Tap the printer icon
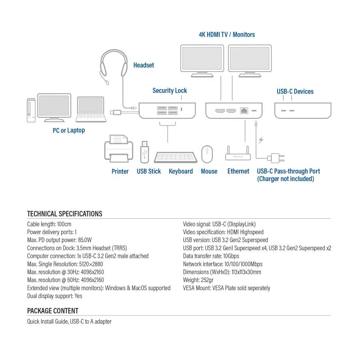[x=119, y=148]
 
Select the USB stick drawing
[x=144, y=152]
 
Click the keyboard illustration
[x=176, y=157]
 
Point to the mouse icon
[x=207, y=154]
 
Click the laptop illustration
[x=91, y=109]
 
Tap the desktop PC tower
[x=31, y=110]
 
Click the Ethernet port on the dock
[x=244, y=110]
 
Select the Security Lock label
[x=170, y=91]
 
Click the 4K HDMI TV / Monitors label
[x=227, y=35]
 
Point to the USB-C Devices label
[x=295, y=91]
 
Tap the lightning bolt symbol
[x=261, y=140]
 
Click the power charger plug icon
[x=276, y=158]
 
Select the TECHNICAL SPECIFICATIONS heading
[x=64, y=214]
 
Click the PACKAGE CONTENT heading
[x=53, y=311]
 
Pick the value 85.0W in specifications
[x=85, y=240]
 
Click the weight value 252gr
[x=207, y=280]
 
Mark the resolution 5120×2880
[x=91, y=264]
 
